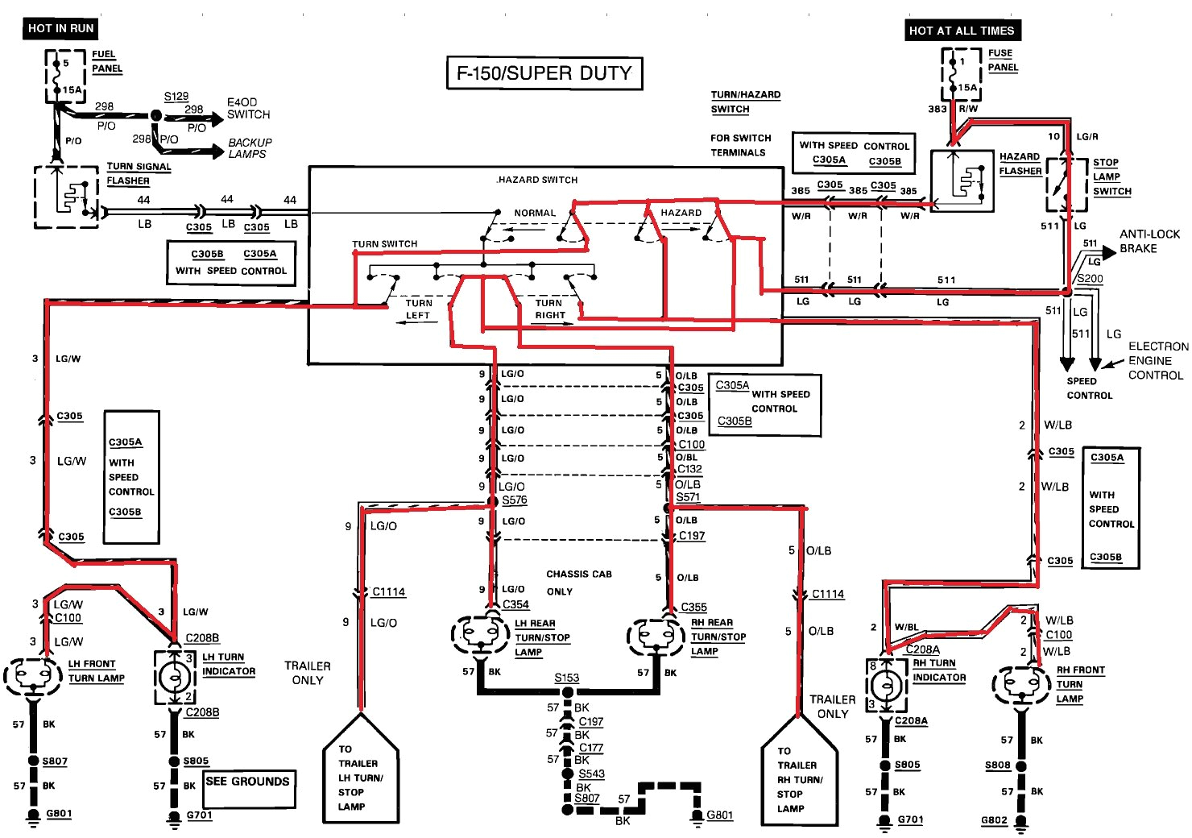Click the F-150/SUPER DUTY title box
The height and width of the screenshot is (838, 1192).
tap(544, 73)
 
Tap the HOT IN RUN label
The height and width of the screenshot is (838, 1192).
tap(60, 28)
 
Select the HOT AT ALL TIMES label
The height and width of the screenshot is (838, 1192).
tap(961, 31)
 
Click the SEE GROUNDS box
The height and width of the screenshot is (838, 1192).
tap(247, 787)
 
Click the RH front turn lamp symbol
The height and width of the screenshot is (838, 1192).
tap(1021, 686)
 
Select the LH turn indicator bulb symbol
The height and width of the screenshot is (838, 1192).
tap(174, 677)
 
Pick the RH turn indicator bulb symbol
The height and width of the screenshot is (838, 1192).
tap(886, 686)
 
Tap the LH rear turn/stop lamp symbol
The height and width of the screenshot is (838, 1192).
tap(481, 635)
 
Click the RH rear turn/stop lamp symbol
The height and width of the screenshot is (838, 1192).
tap(656, 637)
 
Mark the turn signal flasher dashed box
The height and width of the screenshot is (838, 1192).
tap(66, 197)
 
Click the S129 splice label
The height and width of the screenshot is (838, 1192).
tap(176, 96)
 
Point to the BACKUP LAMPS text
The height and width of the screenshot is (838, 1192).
tap(250, 148)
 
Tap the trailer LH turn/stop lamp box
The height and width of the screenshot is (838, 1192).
tap(360, 775)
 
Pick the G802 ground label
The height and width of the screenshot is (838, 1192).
tap(994, 820)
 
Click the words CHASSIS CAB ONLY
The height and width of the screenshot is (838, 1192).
tap(578, 583)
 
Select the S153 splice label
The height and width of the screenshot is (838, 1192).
tap(566, 678)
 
